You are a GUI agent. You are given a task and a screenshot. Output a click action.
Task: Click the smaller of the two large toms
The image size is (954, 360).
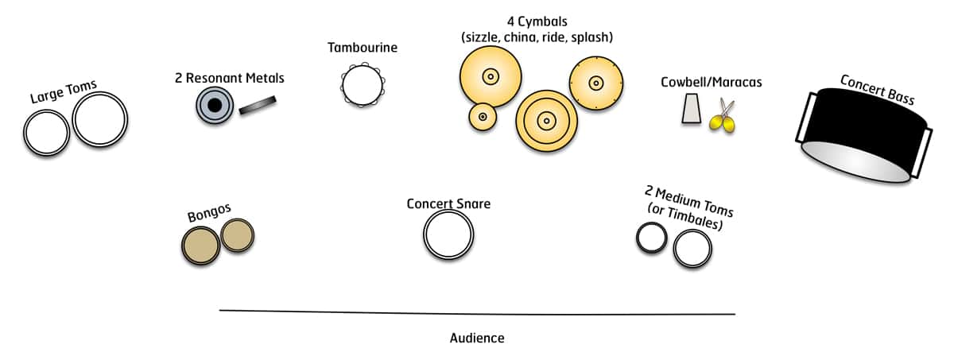[46, 133]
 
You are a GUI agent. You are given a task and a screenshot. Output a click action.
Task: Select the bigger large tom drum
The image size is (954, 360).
[99, 121]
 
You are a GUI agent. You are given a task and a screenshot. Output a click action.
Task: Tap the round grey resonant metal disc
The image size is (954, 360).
[214, 105]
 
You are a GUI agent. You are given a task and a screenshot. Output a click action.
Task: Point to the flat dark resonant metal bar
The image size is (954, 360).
[257, 105]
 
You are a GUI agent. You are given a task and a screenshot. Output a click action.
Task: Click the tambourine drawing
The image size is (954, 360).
[362, 84]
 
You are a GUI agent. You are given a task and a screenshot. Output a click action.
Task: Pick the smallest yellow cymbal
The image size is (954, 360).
[482, 117]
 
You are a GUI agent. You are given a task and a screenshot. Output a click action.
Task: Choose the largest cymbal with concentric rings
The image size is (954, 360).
[546, 121]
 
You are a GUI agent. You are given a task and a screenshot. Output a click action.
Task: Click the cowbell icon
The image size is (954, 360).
[692, 109]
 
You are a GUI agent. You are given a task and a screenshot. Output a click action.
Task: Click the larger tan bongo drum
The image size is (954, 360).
[200, 246]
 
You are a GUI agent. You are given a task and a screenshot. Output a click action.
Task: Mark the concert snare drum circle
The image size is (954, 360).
[448, 234]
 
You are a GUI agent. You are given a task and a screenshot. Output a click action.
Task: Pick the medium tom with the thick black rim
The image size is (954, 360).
[651, 238]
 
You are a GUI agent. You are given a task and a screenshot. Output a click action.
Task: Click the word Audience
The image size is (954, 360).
[477, 338]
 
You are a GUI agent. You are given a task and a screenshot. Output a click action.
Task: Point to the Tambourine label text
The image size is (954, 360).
[363, 48]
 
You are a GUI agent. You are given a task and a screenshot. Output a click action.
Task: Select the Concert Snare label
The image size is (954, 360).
[448, 203]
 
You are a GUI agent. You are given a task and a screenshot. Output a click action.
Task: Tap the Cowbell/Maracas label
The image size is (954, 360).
[704, 83]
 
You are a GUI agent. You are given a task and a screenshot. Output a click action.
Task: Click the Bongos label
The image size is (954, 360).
[209, 213]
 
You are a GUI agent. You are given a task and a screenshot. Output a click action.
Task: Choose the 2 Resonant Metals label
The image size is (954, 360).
[229, 78]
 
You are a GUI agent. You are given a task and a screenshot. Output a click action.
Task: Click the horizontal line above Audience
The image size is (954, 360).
[477, 312]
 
